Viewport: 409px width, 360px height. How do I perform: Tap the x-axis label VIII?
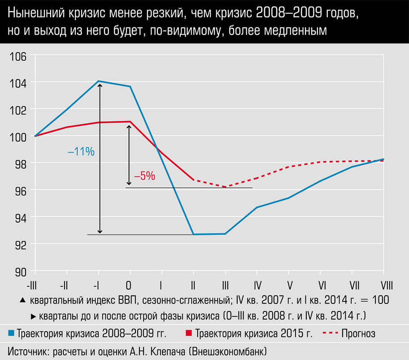tap(383, 285)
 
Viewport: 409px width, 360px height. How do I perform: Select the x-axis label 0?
tap(130, 285)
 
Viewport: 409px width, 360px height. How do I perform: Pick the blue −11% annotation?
tap(81, 152)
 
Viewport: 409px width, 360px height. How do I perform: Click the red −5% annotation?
tap(144, 176)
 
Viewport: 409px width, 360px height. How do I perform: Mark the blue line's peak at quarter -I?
tap(99, 81)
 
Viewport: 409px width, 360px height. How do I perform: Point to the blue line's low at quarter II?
tap(193, 234)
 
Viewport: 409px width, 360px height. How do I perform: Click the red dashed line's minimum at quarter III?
tap(225, 187)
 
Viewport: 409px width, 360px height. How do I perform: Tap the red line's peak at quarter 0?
tap(130, 121)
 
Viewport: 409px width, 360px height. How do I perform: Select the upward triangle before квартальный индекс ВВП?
tap(22, 299)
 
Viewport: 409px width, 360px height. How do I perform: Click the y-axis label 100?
tap(18, 136)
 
